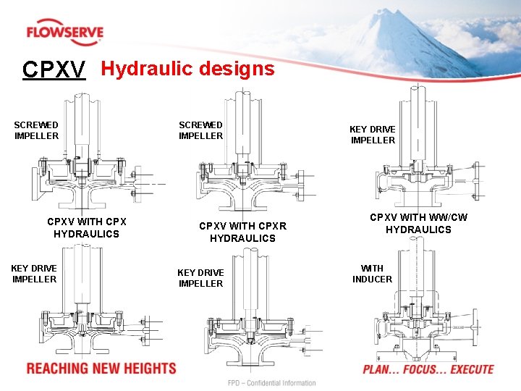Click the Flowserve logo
[64, 33]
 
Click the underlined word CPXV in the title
[54, 70]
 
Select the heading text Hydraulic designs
[187, 69]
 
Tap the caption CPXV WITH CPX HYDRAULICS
[86, 227]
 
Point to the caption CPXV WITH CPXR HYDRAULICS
[242, 232]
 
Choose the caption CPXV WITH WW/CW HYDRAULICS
[418, 223]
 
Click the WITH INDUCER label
[372, 274]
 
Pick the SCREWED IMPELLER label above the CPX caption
[36, 130]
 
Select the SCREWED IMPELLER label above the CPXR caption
[200, 130]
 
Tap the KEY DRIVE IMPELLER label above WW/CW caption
[373, 135]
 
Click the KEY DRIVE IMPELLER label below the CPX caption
[34, 274]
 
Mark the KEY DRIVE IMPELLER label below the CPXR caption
[200, 278]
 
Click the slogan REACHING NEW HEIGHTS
[101, 369]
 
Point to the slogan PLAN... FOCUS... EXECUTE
[428, 369]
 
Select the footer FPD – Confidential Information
[272, 383]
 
